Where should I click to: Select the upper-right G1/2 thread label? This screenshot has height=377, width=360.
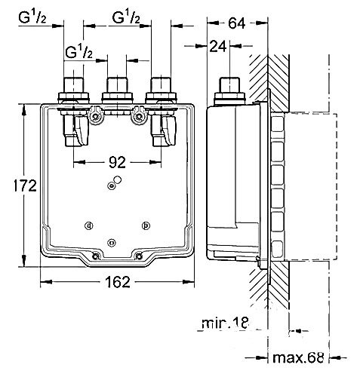[x=126, y=17]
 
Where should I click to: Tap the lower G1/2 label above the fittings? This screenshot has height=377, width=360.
[x=81, y=53]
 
